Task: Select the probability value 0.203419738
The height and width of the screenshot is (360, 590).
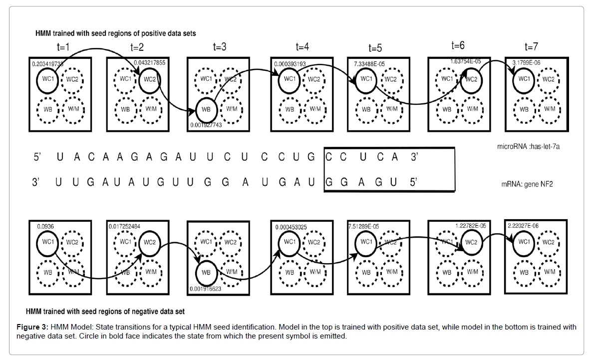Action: click(x=48, y=64)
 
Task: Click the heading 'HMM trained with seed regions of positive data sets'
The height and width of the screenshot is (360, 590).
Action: click(x=115, y=34)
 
